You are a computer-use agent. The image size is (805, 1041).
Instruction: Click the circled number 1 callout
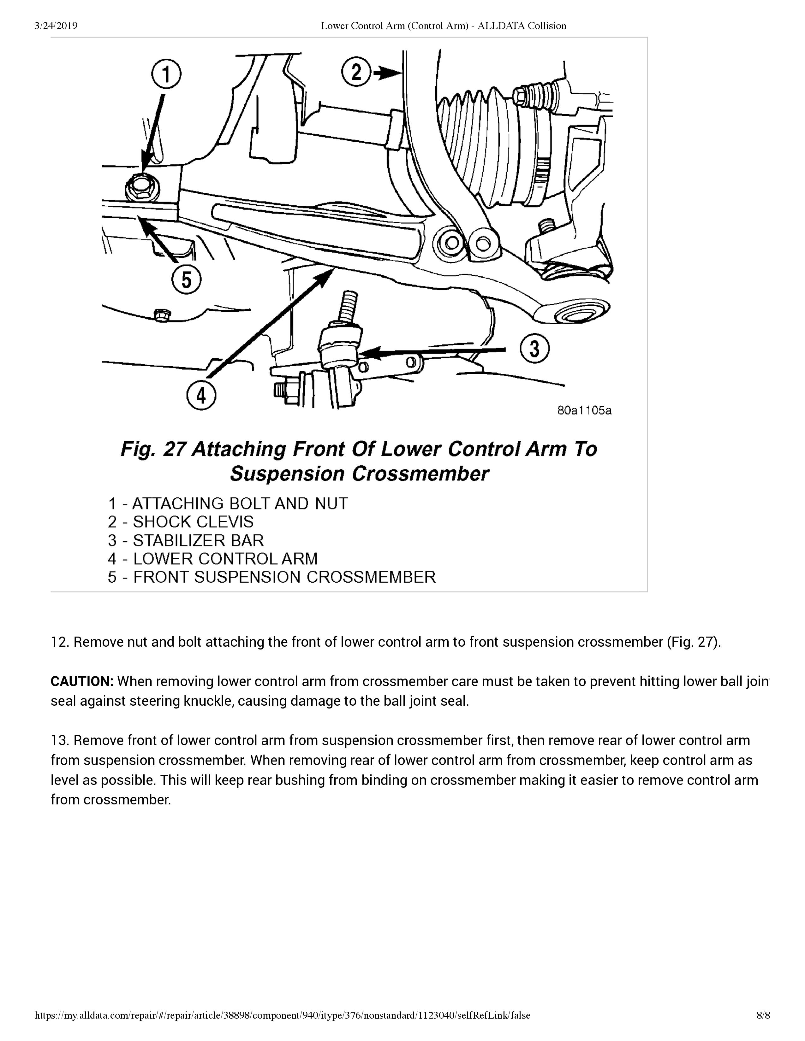[166, 76]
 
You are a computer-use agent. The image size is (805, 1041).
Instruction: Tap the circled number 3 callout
[534, 349]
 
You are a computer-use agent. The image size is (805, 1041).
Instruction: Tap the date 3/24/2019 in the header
[56, 26]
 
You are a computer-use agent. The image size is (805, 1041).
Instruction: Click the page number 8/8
[763, 1028]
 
